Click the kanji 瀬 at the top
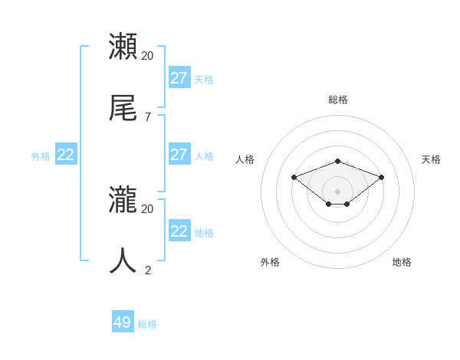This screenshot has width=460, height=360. pos(123,47)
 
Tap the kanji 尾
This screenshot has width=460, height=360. pos(123,109)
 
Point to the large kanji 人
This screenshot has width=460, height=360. pos(123,260)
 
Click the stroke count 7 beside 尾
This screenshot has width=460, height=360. pos(147,117)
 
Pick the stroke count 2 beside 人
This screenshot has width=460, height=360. pos(148,270)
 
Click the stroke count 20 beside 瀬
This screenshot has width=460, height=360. pos(147,56)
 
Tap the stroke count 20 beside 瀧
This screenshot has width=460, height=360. pos(147,208)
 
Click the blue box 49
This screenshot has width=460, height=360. pos(123,322)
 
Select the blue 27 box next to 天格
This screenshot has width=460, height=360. pos(179,78)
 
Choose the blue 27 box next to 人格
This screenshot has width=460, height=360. pos(179,155)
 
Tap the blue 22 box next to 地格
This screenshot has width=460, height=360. pos(179,231)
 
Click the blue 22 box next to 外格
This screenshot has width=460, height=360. pos(66,155)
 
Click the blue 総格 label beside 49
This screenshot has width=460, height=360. pos(147,324)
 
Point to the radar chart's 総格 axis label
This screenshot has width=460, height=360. pos(338,100)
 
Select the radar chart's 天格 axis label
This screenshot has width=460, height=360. pos(431,159)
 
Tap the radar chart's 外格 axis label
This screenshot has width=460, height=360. pos(270,262)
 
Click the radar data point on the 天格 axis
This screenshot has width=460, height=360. pos(382,177)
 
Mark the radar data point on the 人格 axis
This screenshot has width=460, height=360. pos(294,177)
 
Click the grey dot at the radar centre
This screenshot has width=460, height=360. pos(338,191)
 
